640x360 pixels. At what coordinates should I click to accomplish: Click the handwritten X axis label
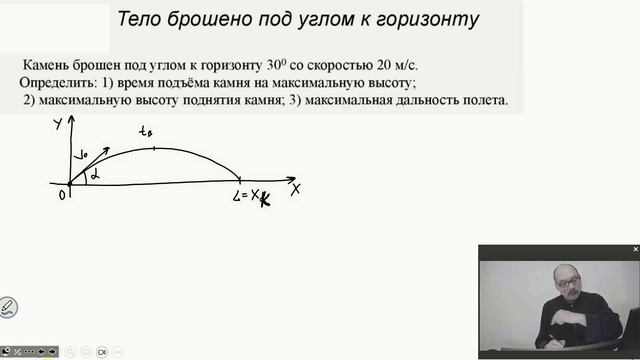point(295,187)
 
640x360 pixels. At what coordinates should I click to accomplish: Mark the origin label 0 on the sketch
point(62,194)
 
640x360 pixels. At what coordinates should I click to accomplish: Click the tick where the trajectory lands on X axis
point(239,180)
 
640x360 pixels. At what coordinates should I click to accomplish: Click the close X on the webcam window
point(633,249)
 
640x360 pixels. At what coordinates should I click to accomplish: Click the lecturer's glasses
point(567,284)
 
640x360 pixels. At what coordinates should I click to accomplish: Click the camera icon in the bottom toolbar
point(102,352)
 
